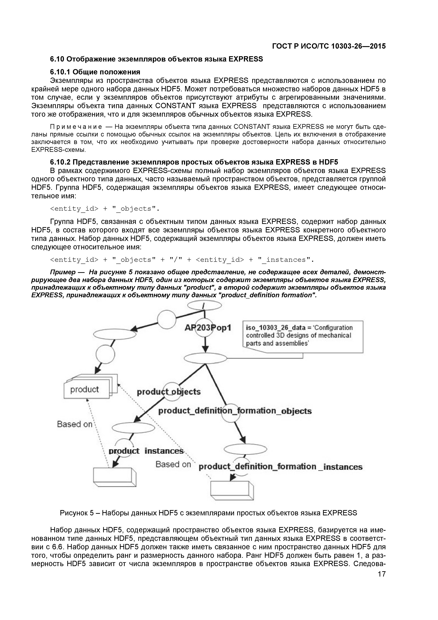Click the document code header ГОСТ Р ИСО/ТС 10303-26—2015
tap(329, 46)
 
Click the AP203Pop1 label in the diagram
tap(208, 327)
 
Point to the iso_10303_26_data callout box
tap(303, 336)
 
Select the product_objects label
tap(169, 392)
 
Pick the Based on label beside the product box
tap(75, 424)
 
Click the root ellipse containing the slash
tap(204, 305)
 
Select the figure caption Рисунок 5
tap(208, 513)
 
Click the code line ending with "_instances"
tap(182, 260)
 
